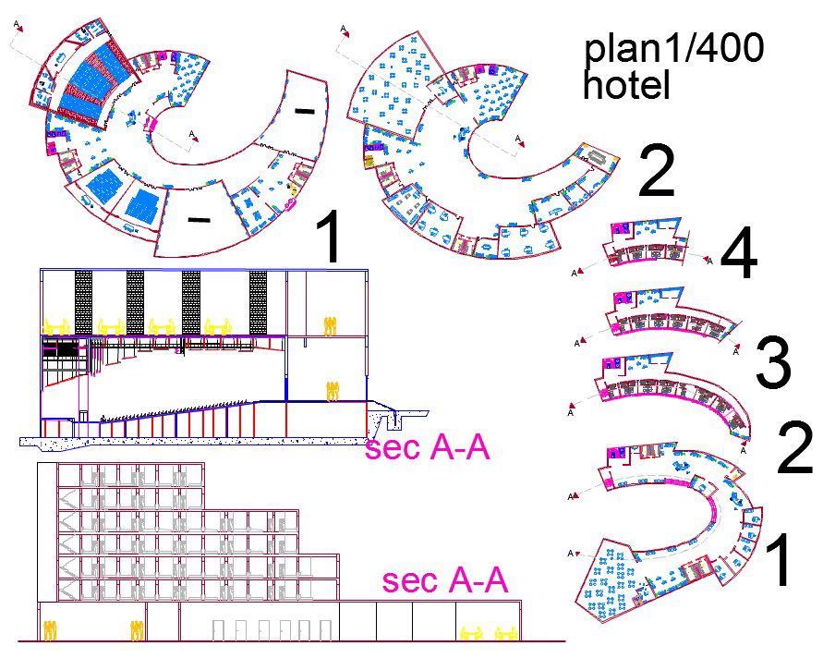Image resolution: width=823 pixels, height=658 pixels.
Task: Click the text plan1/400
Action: click(x=674, y=51)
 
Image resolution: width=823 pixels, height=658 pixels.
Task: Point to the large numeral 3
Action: click(x=774, y=365)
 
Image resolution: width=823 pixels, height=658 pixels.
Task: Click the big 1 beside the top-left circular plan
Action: click(x=330, y=238)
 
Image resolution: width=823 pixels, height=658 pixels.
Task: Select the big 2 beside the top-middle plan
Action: click(x=657, y=174)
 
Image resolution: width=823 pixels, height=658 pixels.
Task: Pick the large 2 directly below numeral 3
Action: click(x=794, y=448)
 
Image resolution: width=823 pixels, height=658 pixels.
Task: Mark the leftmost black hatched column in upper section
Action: click(x=84, y=302)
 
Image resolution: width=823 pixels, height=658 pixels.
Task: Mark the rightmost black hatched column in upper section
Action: click(x=258, y=302)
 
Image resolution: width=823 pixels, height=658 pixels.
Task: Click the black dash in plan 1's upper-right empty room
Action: click(x=304, y=111)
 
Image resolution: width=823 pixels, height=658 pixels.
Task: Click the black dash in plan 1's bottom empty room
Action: click(x=199, y=220)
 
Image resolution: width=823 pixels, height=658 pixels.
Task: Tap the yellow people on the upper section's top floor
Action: click(x=330, y=324)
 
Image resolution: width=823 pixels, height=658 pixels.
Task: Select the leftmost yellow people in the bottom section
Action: click(x=50, y=630)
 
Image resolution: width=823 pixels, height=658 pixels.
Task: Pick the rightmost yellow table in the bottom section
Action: click(x=505, y=633)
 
